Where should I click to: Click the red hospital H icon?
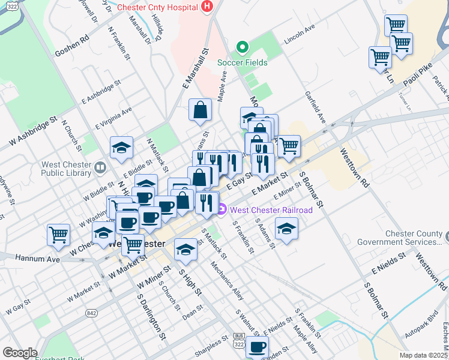pyautogui.click(x=207, y=7)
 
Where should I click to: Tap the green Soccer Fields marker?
pyautogui.click(x=243, y=47)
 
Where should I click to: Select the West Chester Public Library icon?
pyautogui.click(x=100, y=166)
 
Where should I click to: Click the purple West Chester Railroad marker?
pyautogui.click(x=222, y=209)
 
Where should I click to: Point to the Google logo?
pyautogui.click(x=20, y=353)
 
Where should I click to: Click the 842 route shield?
pyautogui.click(x=91, y=313)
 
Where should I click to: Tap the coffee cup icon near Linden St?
pyautogui.click(x=257, y=346)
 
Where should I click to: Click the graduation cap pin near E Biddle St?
pyautogui.click(x=121, y=148)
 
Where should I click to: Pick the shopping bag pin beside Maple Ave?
pyautogui.click(x=200, y=110)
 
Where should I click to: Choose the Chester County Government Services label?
pyautogui.click(x=400, y=238)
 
